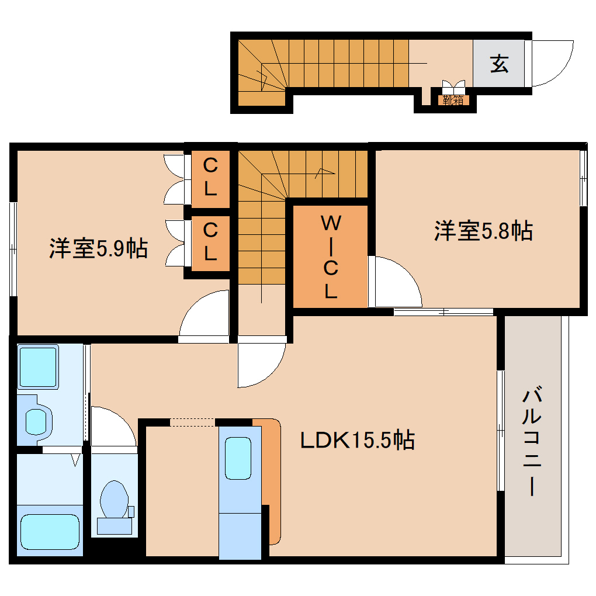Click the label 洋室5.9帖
pyautogui.click(x=98, y=249)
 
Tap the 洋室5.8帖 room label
pyautogui.click(x=483, y=231)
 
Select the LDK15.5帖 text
pyautogui.click(x=357, y=440)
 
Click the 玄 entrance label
pyautogui.click(x=498, y=63)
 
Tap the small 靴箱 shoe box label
pyautogui.click(x=453, y=100)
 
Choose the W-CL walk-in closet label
pyautogui.click(x=331, y=257)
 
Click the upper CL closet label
pyautogui.click(x=210, y=178)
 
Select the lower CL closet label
pyautogui.click(x=210, y=242)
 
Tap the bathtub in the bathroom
pyautogui.click(x=49, y=531)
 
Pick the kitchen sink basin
pyautogui.click(x=239, y=458)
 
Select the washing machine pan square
pyautogui.click(x=39, y=366)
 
